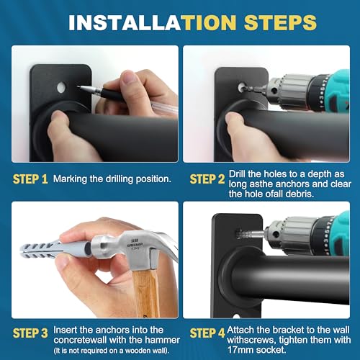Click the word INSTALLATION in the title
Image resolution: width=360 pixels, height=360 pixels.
pos(153,22)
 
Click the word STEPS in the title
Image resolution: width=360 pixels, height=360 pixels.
pos(280,22)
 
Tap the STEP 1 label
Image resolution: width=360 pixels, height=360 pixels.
pos(30,179)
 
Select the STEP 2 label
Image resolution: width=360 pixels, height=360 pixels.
pos(207,179)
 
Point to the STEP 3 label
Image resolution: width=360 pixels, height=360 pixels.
pos(30,333)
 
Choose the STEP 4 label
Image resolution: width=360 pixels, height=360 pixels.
pos(207,333)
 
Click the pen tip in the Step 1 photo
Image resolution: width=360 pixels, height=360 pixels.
pos(78,87)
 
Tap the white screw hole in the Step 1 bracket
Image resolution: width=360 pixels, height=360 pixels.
pos(61,87)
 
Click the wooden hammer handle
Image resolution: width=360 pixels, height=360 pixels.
pos(145,293)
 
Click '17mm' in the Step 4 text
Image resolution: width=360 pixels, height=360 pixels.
pos(238,350)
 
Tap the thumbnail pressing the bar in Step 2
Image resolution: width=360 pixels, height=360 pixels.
pos(231,118)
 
